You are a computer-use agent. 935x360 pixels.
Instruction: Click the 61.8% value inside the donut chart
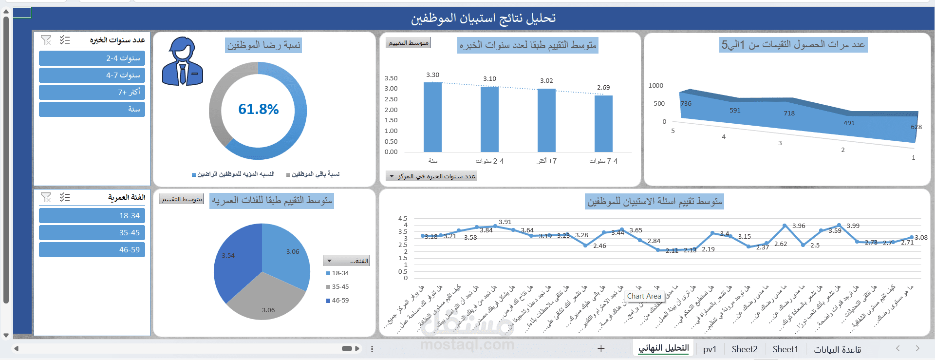258,109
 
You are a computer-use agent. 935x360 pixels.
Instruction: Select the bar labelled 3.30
432,117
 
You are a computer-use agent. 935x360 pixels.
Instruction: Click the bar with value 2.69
603,124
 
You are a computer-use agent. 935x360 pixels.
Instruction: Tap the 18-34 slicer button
92,215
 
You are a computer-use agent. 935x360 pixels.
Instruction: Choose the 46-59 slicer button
92,249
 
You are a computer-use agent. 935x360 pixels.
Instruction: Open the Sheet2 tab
744,349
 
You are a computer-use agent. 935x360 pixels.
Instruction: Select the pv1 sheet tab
710,349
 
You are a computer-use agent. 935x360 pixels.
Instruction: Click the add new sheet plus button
601,348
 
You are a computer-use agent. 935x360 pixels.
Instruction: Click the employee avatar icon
182,62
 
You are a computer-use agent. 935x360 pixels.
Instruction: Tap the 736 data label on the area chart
686,103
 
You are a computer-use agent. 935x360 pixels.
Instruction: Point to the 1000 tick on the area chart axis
655,86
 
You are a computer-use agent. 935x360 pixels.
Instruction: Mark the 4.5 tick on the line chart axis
403,219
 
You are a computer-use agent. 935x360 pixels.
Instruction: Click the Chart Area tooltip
644,296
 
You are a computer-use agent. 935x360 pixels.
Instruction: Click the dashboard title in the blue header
483,19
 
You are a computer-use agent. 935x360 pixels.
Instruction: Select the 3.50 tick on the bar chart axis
391,78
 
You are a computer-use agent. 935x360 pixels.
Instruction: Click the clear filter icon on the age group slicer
46,197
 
